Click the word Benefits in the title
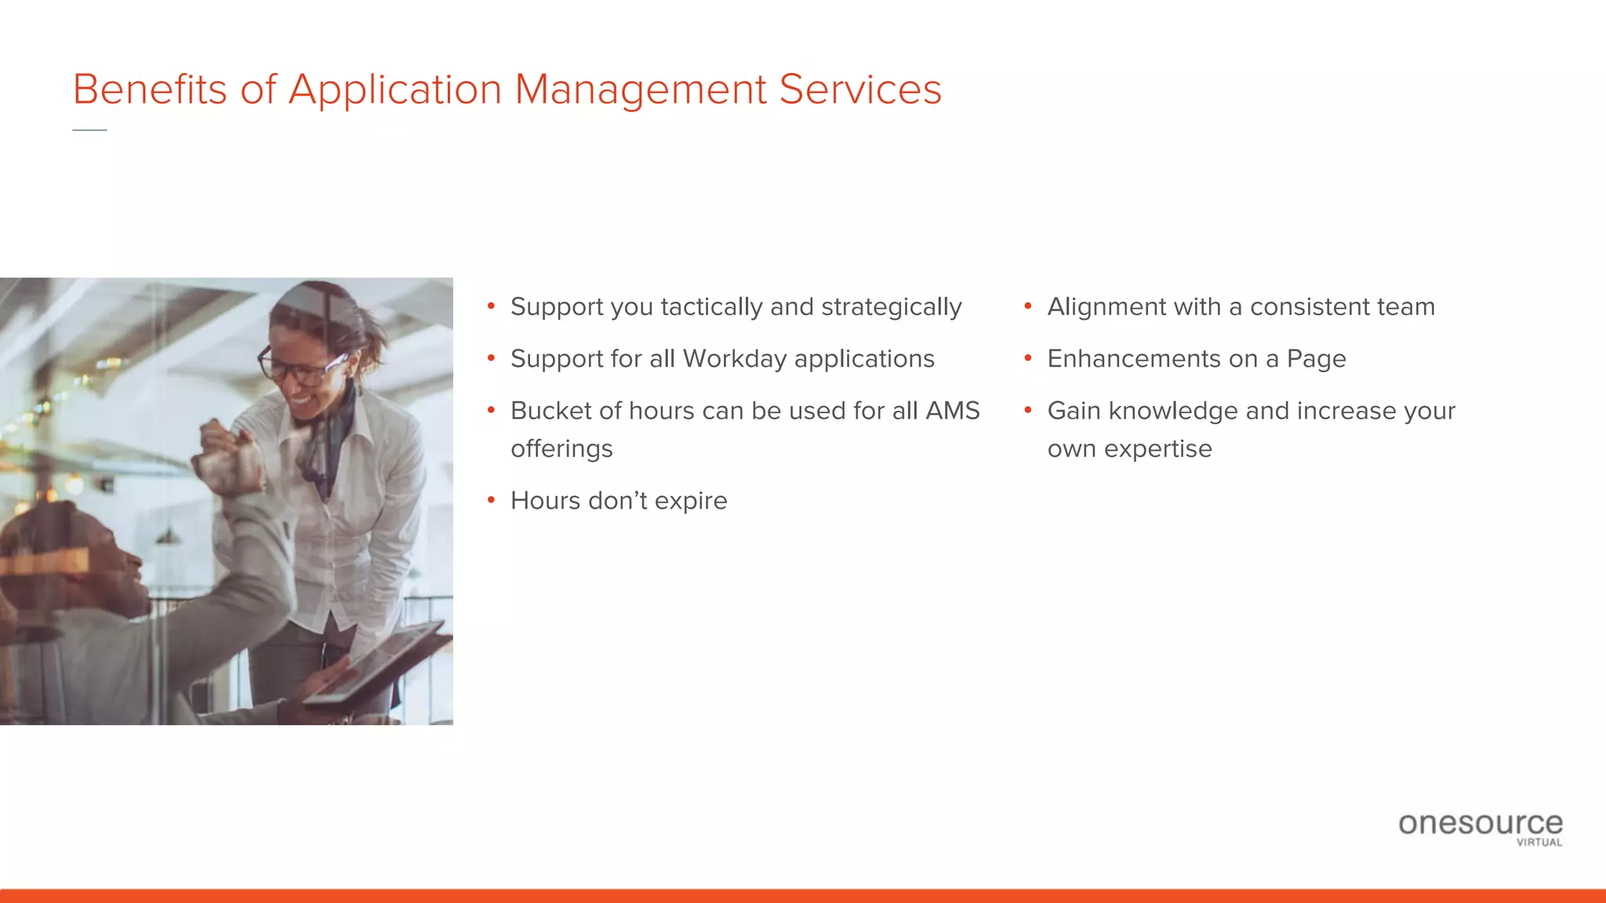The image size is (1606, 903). tap(149, 89)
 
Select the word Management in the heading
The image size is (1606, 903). tap(641, 89)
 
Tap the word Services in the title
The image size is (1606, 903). tap(859, 89)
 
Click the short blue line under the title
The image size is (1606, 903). tap(89, 130)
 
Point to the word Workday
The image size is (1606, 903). tap(734, 359)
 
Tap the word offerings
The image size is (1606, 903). tap(561, 449)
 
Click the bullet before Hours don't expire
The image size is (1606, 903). tap(491, 500)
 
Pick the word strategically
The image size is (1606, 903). tap(891, 307)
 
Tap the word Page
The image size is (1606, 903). tap(1316, 359)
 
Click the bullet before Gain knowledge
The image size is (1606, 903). tap(1028, 410)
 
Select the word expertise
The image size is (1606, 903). tap(1157, 449)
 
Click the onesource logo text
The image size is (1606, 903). tap(1480, 823)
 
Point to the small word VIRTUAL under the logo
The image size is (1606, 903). tap(1539, 843)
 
